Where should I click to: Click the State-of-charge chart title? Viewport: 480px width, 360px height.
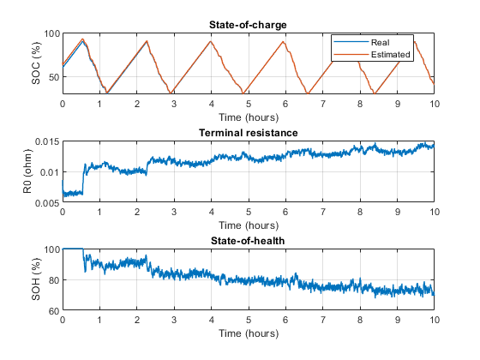(248, 25)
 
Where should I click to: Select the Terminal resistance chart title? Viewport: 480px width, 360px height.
(248, 133)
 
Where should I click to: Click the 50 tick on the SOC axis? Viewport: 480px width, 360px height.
(51, 77)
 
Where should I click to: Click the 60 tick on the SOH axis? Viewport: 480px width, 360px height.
(51, 310)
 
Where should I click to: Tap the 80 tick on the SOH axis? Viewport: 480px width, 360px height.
(51, 280)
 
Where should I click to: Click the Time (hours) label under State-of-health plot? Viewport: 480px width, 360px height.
(248, 333)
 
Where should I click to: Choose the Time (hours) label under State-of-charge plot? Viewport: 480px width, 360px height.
(248, 117)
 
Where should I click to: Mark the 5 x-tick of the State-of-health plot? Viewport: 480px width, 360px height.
(249, 320)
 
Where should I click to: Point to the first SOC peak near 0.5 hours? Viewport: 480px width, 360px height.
(82, 39)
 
